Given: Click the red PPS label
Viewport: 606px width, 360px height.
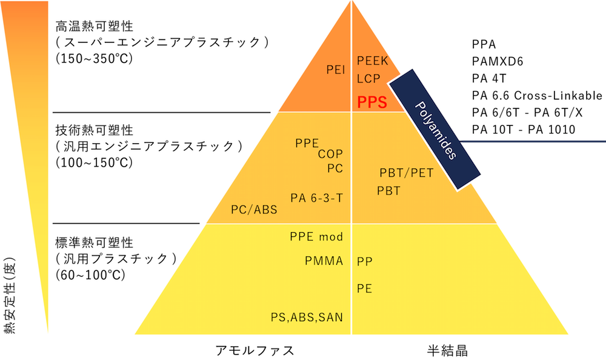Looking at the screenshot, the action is pos(372,102).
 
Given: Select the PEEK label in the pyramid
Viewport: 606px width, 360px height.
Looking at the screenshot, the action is pos(372,61).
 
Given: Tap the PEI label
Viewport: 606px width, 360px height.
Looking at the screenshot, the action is pos(336,70).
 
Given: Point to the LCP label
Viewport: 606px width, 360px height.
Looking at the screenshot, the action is pos(368,79).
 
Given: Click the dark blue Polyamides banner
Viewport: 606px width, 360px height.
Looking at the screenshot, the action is pos(435,130).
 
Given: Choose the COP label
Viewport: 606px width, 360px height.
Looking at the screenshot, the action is pos(330,154).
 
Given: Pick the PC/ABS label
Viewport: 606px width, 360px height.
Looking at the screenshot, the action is pos(254,210).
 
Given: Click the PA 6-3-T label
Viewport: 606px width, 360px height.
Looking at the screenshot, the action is pos(316,198).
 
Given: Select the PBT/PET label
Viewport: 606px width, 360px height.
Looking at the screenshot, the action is pos(406,173).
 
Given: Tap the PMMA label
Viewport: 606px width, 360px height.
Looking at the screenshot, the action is pos(324,261).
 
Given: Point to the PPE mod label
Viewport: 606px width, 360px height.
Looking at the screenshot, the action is pos(316,236).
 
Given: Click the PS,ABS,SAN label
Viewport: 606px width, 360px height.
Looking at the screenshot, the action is pos(307,318).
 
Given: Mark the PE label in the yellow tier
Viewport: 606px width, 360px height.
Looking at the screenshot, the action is pos(364,288).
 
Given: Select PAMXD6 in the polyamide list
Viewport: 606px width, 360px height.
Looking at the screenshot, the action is pos(498,61).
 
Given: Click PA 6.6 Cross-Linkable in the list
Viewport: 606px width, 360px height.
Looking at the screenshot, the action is pos(537,96).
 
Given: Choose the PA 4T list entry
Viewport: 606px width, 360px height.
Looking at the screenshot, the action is pos(489,79).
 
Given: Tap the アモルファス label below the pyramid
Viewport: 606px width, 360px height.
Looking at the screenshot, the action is pos(255,351).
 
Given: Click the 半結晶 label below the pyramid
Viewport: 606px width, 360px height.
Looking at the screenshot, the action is pos(447,351).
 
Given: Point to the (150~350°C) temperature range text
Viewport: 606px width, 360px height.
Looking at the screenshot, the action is pos(95,58).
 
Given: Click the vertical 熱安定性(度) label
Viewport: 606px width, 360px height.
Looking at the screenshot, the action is pos(10,295).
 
